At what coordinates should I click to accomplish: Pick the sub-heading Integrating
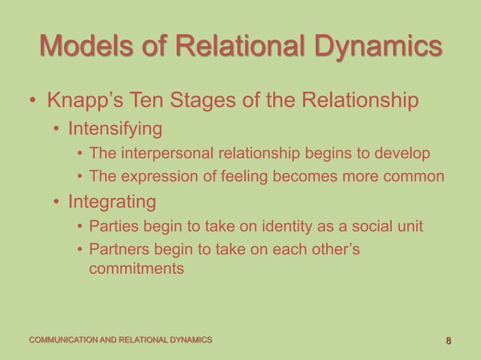[x=113, y=202]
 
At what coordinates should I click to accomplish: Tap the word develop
[x=405, y=154]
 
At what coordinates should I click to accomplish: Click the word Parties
[x=112, y=227]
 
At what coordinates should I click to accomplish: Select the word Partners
[x=118, y=251]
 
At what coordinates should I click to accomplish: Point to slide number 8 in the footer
[x=449, y=341]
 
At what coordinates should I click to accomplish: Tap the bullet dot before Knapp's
[x=32, y=102]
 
